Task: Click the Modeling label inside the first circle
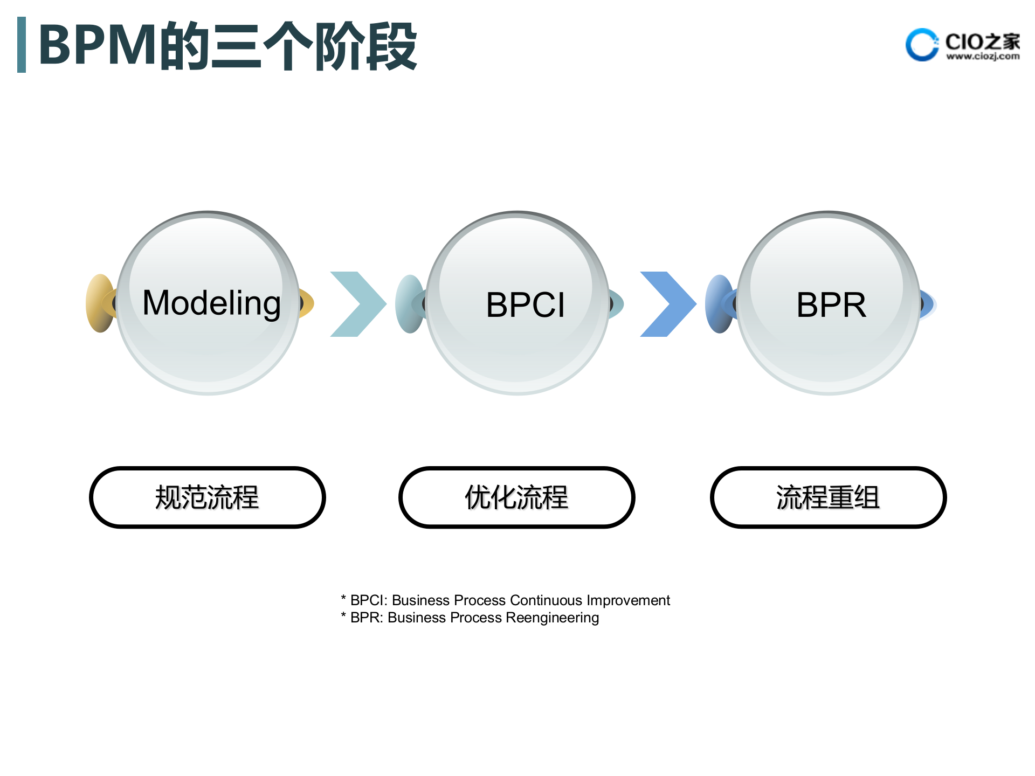click(x=211, y=303)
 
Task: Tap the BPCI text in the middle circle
click(x=526, y=305)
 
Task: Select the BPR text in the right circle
click(x=831, y=305)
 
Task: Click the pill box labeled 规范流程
click(x=207, y=497)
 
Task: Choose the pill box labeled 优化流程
click(x=516, y=497)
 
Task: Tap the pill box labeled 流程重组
click(x=828, y=497)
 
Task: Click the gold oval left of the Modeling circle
click(x=100, y=303)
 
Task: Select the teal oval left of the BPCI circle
click(x=409, y=303)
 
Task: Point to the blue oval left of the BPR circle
click(x=719, y=303)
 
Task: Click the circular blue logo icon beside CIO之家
click(x=921, y=45)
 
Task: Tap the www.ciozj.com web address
click(x=983, y=56)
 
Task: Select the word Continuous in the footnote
click(x=546, y=600)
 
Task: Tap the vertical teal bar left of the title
click(x=22, y=45)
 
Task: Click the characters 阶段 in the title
click(x=365, y=46)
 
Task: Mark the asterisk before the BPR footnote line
click(x=343, y=616)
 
